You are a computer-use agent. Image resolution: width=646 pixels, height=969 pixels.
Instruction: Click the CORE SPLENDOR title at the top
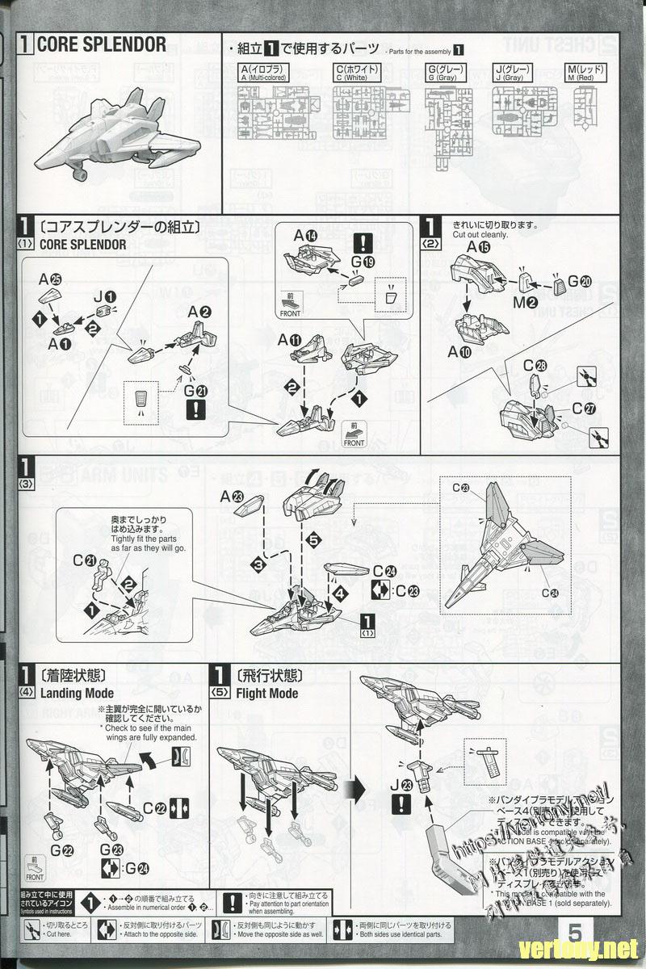pos(101,44)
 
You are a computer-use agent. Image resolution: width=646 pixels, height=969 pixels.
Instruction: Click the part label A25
pos(49,279)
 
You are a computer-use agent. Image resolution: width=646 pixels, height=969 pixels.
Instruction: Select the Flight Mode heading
pos(266,693)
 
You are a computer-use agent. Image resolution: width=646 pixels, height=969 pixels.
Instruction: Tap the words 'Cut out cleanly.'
pos(480,234)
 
